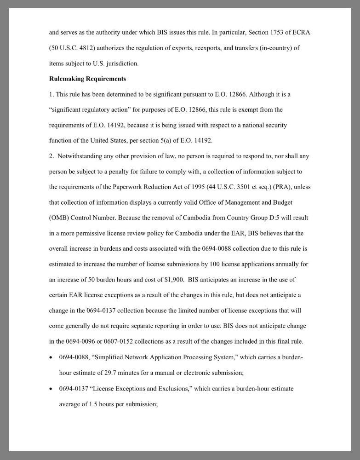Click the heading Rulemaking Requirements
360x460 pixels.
[87, 79]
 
